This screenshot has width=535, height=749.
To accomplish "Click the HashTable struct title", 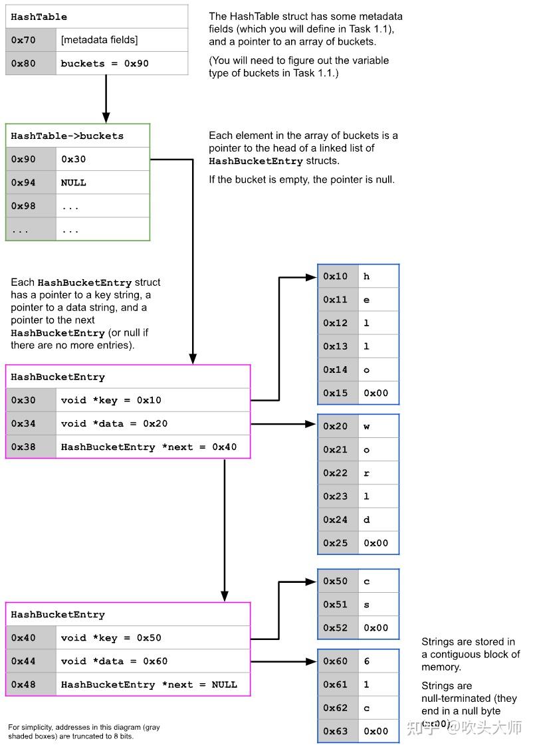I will click(x=39, y=17).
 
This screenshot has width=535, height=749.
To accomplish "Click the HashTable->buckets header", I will click(x=67, y=136).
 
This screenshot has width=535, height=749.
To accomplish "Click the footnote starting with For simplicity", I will click(x=84, y=732).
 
